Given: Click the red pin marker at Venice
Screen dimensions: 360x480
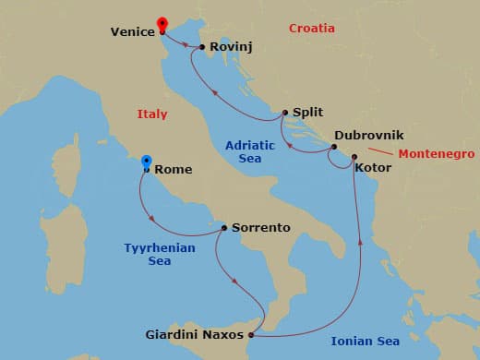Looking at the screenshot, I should click(x=162, y=24).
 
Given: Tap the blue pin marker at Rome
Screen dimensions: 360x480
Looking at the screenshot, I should click(x=146, y=163).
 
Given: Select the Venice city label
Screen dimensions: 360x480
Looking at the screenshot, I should click(x=132, y=31).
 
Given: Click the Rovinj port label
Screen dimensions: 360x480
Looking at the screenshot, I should click(x=232, y=46).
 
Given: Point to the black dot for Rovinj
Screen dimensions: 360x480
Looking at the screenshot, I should click(x=202, y=46).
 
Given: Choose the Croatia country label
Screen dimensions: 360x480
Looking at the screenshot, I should click(x=311, y=29).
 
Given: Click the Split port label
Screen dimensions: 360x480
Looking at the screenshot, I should click(x=309, y=109).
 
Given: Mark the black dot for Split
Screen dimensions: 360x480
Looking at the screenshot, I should click(x=286, y=110).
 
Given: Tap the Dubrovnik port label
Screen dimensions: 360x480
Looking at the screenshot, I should click(x=368, y=135).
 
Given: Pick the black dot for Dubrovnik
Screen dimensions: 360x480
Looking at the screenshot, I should click(x=333, y=147).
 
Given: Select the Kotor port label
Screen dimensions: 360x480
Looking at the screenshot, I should click(x=373, y=168).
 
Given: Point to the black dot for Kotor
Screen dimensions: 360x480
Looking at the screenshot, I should click(x=354, y=157).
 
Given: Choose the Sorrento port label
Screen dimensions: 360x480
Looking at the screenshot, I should click(x=261, y=227).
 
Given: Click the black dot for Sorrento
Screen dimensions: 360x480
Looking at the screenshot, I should click(x=224, y=227).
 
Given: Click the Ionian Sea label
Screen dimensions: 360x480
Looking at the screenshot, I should click(x=366, y=342).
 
